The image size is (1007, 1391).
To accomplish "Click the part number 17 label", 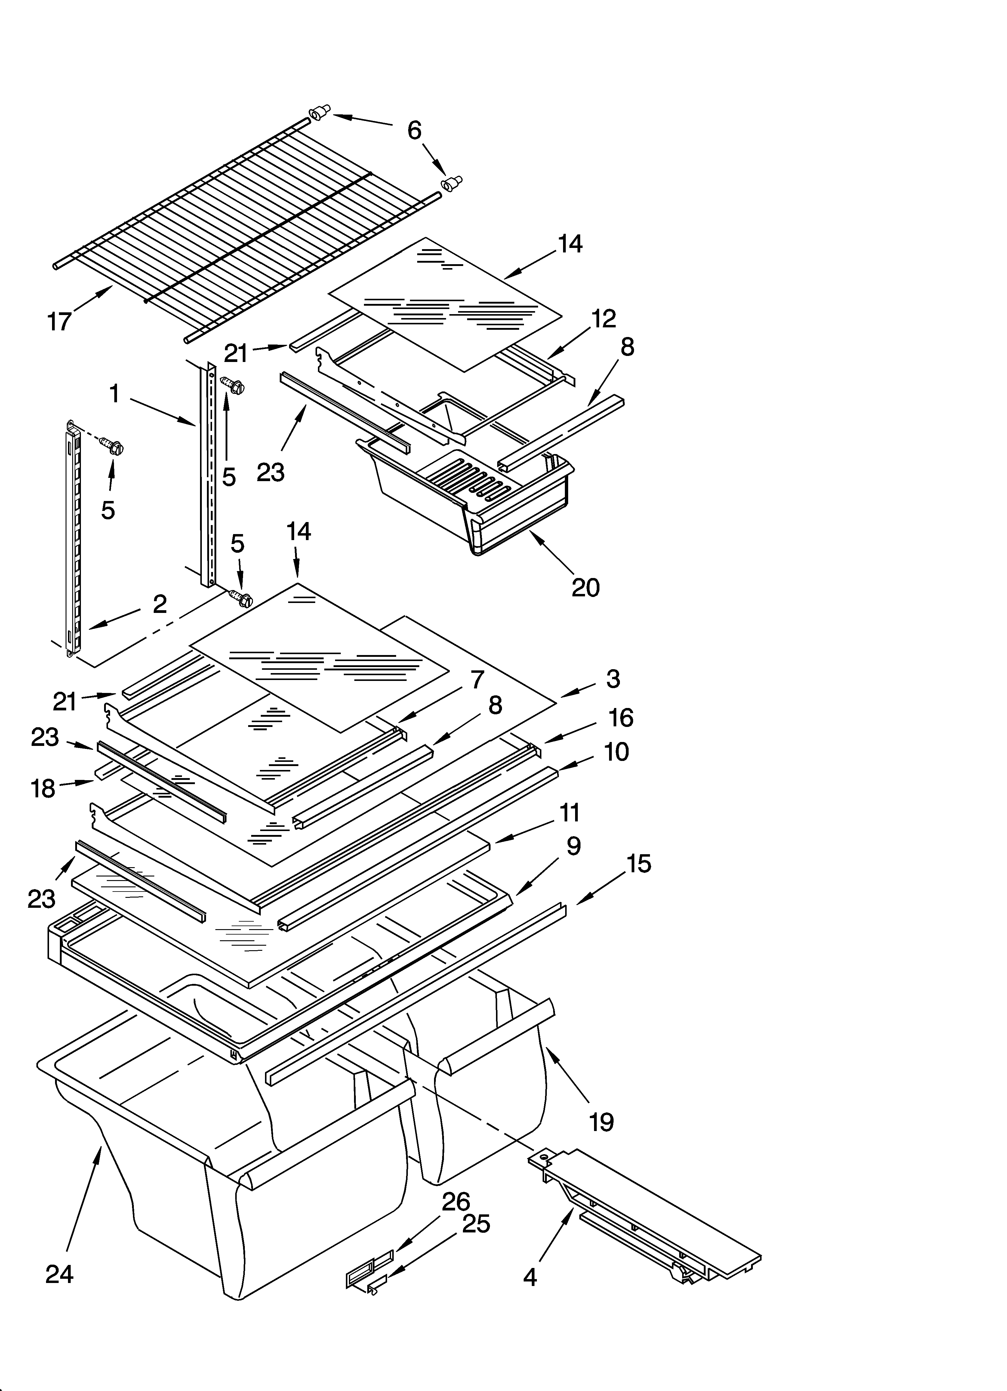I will pos(60,321).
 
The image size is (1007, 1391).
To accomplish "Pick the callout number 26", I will pos(456,1201).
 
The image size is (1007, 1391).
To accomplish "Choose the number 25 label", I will pos(476,1224).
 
